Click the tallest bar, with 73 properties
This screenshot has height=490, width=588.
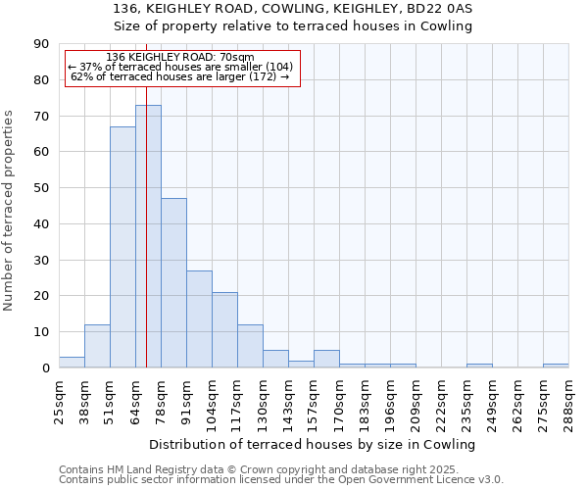point(148,236)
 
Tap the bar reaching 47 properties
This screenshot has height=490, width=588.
point(173,283)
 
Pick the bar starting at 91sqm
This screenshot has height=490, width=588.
point(199,319)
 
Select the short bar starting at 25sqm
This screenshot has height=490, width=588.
point(72,363)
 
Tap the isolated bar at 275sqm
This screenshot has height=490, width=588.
point(556,366)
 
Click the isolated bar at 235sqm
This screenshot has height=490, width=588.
point(479,366)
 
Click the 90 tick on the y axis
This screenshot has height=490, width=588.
point(42,44)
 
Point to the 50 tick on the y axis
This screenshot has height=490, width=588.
point(42,188)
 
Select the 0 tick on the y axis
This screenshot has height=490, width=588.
point(46,367)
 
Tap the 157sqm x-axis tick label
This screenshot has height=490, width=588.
point(314,400)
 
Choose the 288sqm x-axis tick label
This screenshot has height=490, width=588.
point(568,400)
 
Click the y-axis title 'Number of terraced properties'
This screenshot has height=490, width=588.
point(10,211)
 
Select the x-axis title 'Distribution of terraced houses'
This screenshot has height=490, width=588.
point(313,444)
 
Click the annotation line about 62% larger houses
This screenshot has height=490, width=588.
point(180,76)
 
